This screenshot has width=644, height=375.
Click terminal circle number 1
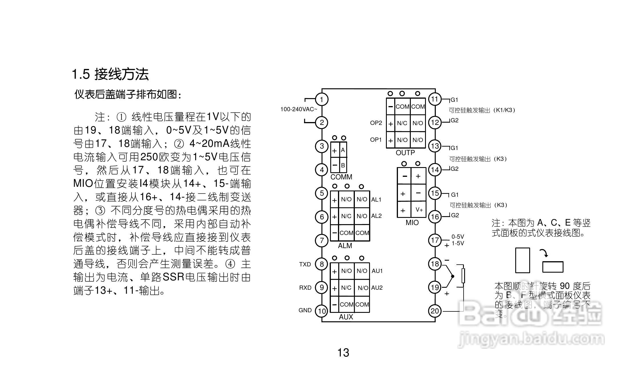pyautogui.click(x=322, y=100)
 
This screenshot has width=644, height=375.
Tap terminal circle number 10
pyautogui.click(x=322, y=311)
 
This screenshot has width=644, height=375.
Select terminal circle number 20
pyautogui.click(x=435, y=311)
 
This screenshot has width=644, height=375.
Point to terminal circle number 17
pyautogui.click(x=435, y=240)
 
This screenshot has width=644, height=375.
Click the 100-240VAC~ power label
pyautogui.click(x=299, y=109)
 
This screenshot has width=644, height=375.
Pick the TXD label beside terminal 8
pyautogui.click(x=305, y=264)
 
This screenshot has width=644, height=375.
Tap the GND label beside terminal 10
pyautogui.click(x=305, y=310)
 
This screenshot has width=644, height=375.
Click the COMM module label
pyautogui.click(x=341, y=177)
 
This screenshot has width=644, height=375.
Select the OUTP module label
pyautogui.click(x=405, y=153)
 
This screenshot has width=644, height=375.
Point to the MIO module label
pyautogui.click(x=412, y=223)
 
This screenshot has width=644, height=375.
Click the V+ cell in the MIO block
pyautogui.click(x=419, y=210)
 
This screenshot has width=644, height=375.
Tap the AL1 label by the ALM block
pyautogui.click(x=376, y=200)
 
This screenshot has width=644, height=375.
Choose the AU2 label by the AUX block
pyautogui.click(x=377, y=288)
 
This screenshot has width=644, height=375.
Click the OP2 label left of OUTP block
pyautogui.click(x=376, y=123)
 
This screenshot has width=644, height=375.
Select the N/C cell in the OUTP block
pyautogui.click(x=402, y=123)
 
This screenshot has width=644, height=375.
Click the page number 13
pyautogui.click(x=343, y=353)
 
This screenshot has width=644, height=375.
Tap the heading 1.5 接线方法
pyautogui.click(x=110, y=74)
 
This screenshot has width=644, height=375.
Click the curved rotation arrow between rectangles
pyautogui.click(x=544, y=253)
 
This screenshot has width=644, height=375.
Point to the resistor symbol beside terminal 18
pyautogui.click(x=463, y=275)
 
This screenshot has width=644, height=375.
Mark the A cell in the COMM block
pyautogui.click(x=343, y=150)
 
